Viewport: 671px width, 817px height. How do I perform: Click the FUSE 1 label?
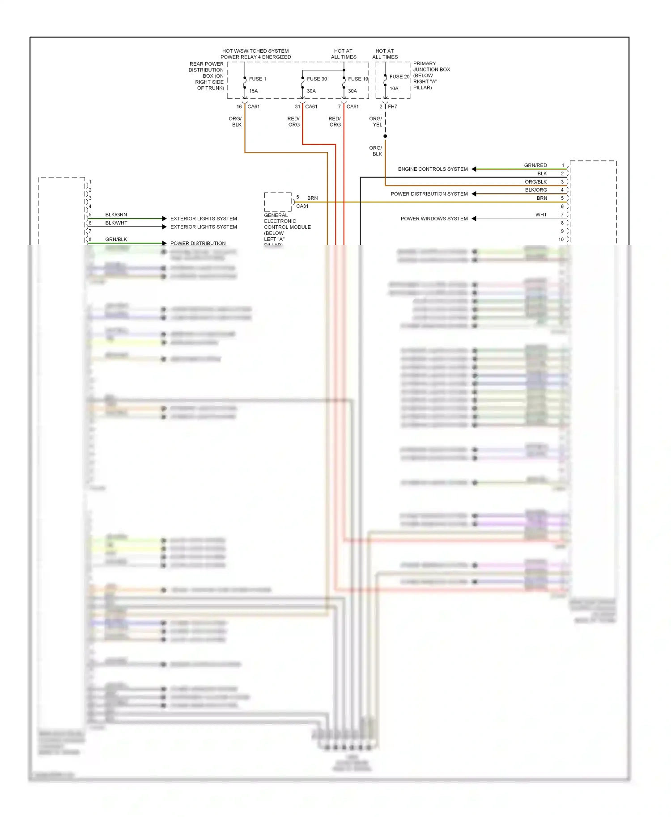pyautogui.click(x=257, y=79)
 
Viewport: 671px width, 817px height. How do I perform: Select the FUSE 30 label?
pyautogui.click(x=317, y=79)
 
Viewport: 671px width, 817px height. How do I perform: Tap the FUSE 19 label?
pyautogui.click(x=358, y=79)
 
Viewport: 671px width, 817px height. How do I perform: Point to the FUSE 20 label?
pyautogui.click(x=399, y=77)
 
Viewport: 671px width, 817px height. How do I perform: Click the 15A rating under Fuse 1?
pyautogui.click(x=253, y=91)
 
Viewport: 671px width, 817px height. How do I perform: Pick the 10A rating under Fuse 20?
pyautogui.click(x=394, y=88)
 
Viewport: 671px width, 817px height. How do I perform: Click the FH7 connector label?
pyautogui.click(x=392, y=107)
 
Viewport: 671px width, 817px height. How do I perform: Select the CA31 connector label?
pyautogui.click(x=302, y=206)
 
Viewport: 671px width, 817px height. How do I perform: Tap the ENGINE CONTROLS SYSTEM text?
pyautogui.click(x=433, y=169)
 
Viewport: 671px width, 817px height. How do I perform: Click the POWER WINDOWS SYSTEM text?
pyautogui.click(x=434, y=219)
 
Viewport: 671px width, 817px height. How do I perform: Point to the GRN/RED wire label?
pyautogui.click(x=535, y=165)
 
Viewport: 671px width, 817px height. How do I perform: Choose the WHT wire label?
pyautogui.click(x=541, y=215)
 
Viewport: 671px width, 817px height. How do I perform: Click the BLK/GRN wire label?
pyautogui.click(x=116, y=215)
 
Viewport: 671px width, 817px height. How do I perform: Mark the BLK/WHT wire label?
pyautogui.click(x=116, y=223)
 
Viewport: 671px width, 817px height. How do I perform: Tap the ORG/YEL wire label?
pyautogui.click(x=376, y=122)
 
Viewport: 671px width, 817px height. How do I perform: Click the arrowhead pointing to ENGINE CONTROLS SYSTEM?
pyautogui.click(x=474, y=169)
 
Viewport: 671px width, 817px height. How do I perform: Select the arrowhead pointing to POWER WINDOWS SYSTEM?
pyautogui.click(x=474, y=219)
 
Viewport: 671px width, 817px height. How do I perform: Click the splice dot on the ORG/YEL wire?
pyautogui.click(x=385, y=136)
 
